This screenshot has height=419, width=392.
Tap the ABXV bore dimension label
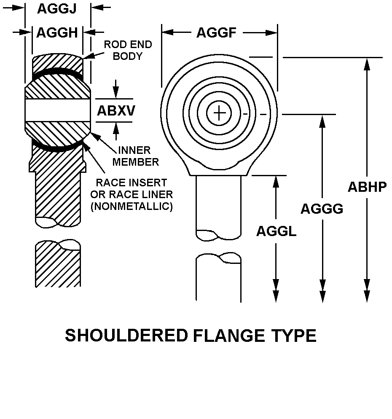[116, 110]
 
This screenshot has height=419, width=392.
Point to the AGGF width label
[216, 32]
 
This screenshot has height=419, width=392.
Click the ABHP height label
[367, 187]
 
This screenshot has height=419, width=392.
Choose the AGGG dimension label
[322, 209]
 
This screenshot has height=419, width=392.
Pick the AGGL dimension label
[276, 231]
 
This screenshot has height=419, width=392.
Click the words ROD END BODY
[128, 50]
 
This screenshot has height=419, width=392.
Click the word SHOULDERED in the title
[126, 336]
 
